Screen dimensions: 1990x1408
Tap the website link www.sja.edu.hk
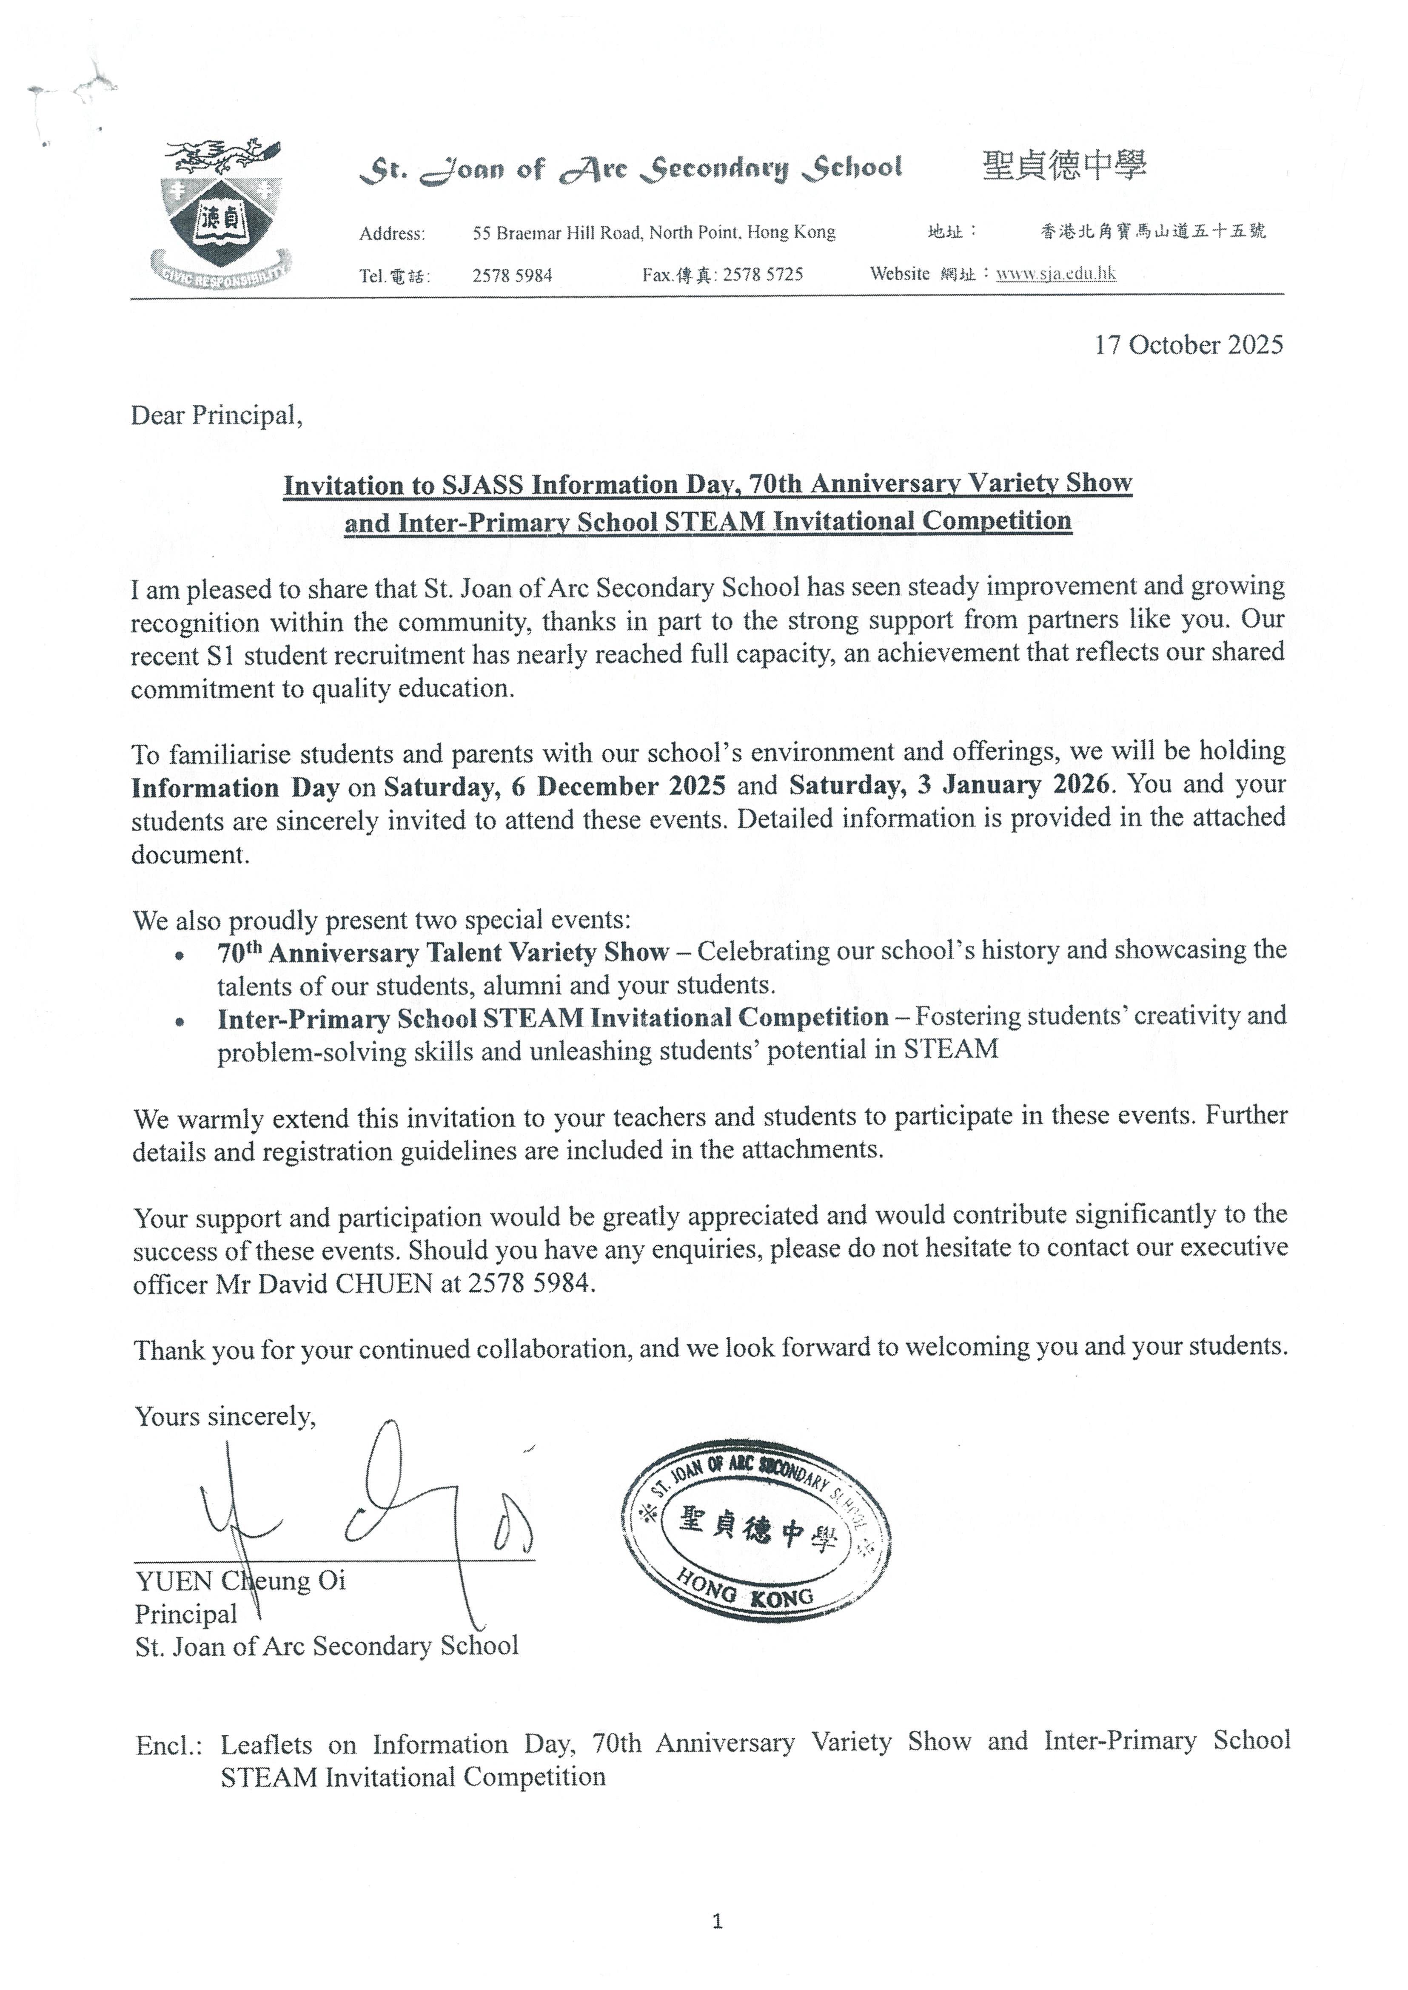click(1056, 274)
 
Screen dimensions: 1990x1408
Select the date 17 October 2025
click(1188, 345)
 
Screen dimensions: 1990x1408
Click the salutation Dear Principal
click(217, 416)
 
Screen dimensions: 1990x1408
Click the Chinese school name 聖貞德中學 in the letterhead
click(1065, 165)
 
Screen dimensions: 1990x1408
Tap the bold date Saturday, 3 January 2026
click(949, 785)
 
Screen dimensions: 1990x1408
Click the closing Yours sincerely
click(225, 1416)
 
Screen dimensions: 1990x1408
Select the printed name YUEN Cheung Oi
click(240, 1581)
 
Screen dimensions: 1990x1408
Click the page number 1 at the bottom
click(716, 1946)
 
